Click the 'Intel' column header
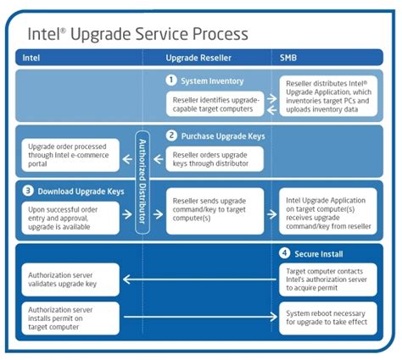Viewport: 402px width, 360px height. (x=31, y=58)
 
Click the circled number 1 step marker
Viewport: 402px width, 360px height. (x=170, y=80)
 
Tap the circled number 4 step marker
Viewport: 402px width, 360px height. (x=286, y=253)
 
